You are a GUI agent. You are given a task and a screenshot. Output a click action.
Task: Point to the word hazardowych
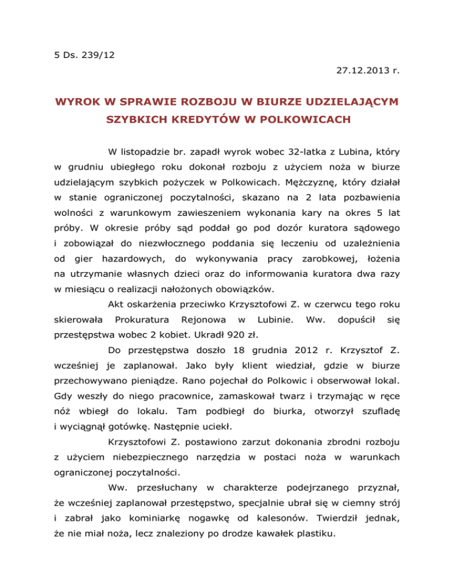(133, 241)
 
